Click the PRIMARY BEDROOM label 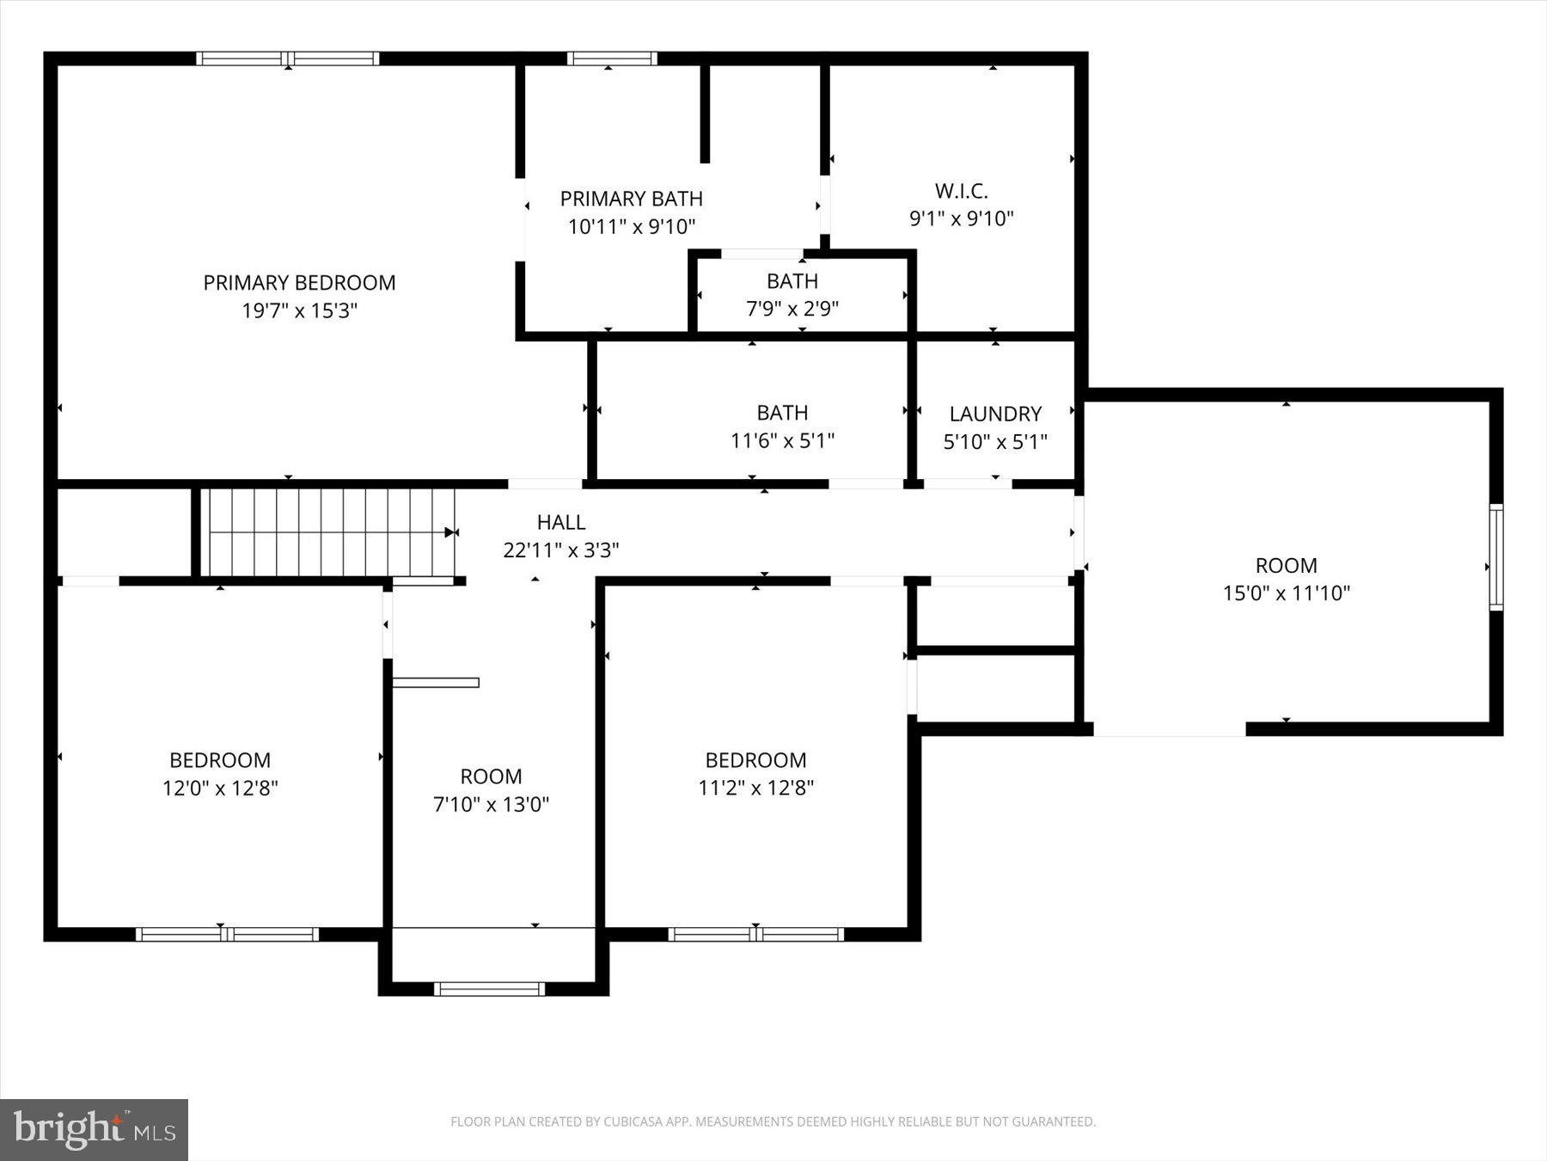(x=299, y=283)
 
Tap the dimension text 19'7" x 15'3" (x=299, y=310)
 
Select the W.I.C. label (x=961, y=191)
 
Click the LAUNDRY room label (x=995, y=414)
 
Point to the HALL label (x=561, y=522)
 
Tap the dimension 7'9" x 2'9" (x=792, y=308)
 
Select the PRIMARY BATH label (x=631, y=199)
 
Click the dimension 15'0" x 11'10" (x=1286, y=593)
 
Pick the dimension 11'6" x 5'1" (x=782, y=440)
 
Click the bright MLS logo (x=94, y=1129)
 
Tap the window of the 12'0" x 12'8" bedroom (x=227, y=934)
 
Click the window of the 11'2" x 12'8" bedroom (x=755, y=934)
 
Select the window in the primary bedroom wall (x=287, y=58)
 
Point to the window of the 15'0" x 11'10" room (x=1495, y=557)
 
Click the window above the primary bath (x=611, y=58)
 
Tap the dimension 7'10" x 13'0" (x=491, y=804)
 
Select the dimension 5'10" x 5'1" (x=995, y=442)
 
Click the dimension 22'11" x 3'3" (x=560, y=550)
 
